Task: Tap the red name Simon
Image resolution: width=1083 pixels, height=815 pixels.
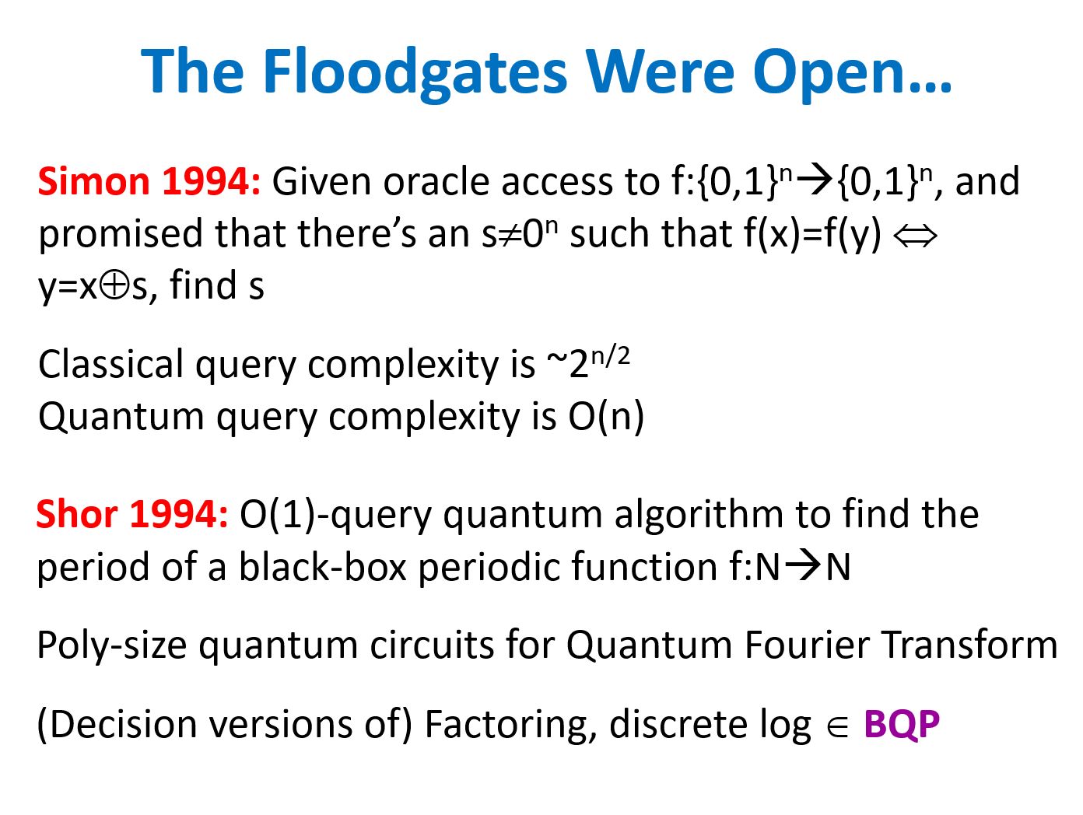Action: coord(93,181)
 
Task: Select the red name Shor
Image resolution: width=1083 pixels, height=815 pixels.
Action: coord(76,514)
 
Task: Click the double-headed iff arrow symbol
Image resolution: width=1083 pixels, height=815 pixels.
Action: coord(915,236)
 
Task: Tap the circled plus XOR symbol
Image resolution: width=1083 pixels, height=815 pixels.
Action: coord(114,285)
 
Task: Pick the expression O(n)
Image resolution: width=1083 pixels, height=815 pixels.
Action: coord(606,417)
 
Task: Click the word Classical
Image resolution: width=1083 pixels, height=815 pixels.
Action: coord(110,365)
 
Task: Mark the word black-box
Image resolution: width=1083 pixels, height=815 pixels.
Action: coord(323,567)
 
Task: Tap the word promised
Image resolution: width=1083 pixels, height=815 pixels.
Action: coord(121,236)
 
